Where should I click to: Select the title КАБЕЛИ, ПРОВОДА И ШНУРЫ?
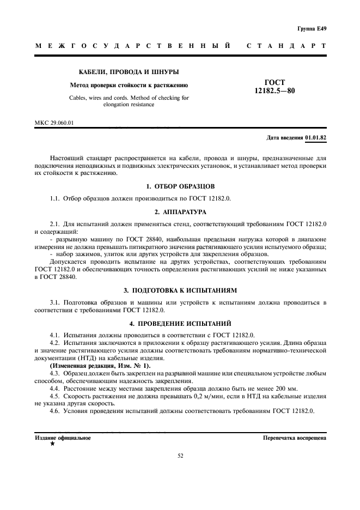click(129, 72)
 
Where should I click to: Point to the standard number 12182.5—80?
click(274, 91)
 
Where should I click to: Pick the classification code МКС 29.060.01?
click(54, 123)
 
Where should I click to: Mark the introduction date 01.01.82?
click(316, 138)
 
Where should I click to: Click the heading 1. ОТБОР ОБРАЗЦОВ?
click(180, 186)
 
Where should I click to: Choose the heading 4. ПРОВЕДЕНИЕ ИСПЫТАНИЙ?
click(180, 323)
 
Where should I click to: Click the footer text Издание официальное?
click(63, 438)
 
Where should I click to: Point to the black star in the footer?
click(52, 445)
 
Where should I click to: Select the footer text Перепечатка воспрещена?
click(294, 438)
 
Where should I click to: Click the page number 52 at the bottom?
click(180, 456)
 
